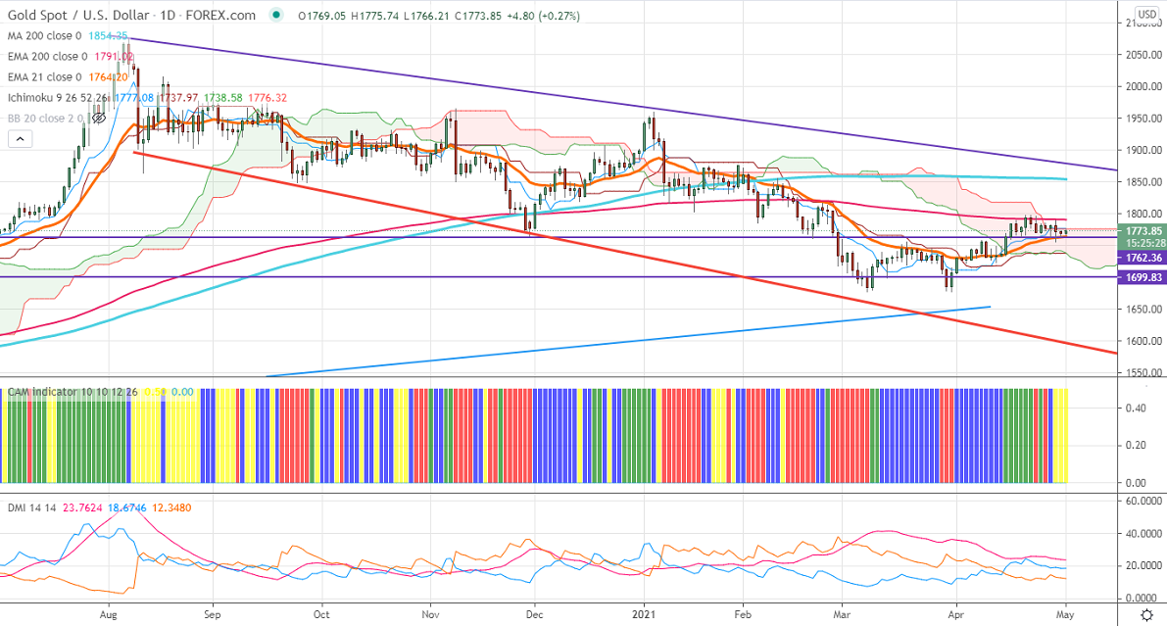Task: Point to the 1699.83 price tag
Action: [x=1141, y=277]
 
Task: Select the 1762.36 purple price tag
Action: [x=1141, y=258]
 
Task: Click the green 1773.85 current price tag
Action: [x=1141, y=231]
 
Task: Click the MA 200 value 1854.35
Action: [x=109, y=35]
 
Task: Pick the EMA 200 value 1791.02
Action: [x=116, y=57]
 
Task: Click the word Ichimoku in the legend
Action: [x=32, y=98]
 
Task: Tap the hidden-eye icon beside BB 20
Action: [x=98, y=118]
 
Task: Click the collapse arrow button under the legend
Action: [x=19, y=140]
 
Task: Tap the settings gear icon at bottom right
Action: [x=1147, y=614]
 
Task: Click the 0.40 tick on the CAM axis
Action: [x=1136, y=409]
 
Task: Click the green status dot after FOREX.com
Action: [x=278, y=15]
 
